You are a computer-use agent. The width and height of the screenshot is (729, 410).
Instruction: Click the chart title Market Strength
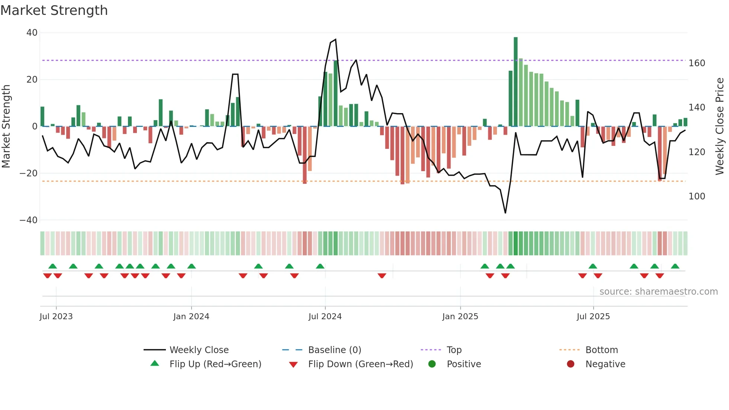[54, 10]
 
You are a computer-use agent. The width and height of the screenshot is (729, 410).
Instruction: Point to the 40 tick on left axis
[32, 33]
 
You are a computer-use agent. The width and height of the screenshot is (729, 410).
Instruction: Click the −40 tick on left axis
[29, 220]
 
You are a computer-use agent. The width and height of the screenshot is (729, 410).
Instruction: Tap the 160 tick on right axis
[697, 63]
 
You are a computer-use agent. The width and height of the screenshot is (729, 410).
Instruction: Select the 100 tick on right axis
[697, 196]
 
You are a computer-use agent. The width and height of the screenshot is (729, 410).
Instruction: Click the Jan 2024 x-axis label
[191, 317]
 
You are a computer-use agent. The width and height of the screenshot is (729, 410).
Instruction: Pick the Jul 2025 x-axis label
[593, 317]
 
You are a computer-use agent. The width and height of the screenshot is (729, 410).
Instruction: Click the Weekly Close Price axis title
[720, 126]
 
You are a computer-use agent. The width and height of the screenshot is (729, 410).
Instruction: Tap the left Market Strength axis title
[6, 126]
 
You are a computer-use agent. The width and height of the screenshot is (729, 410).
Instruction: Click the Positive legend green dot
[432, 364]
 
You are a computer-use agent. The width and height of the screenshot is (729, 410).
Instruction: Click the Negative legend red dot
[571, 364]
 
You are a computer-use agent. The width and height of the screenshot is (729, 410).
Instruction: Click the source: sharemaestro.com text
[658, 292]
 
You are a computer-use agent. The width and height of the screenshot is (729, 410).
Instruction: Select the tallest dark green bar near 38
[516, 82]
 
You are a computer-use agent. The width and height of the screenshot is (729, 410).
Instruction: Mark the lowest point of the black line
[505, 213]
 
